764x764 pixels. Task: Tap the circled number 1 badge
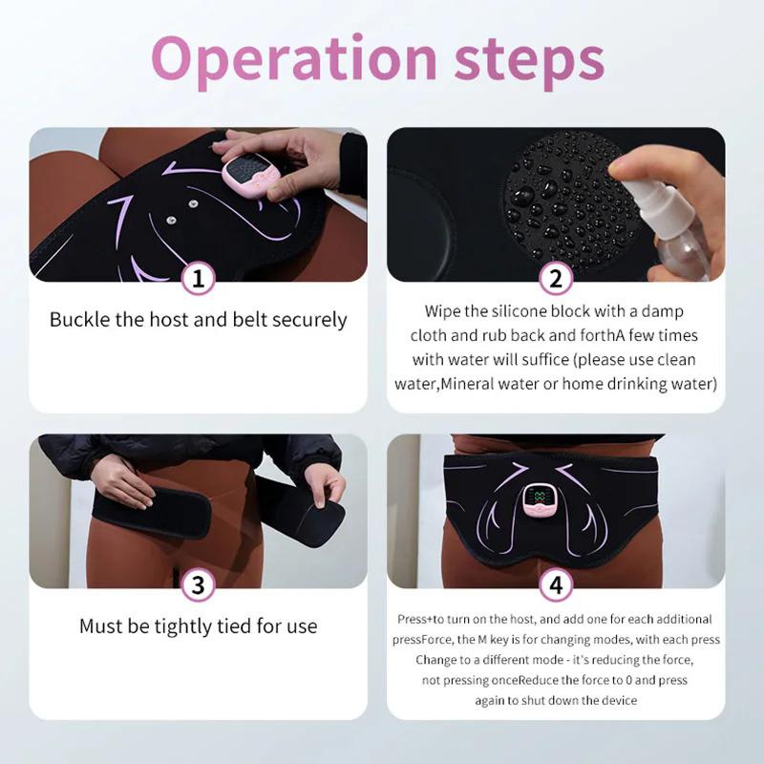pyautogui.click(x=198, y=279)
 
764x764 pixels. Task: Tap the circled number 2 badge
pyautogui.click(x=556, y=279)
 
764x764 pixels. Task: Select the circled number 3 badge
pyautogui.click(x=198, y=585)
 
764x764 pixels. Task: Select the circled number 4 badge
pyautogui.click(x=556, y=585)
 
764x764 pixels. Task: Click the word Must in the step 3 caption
pyautogui.click(x=101, y=626)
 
